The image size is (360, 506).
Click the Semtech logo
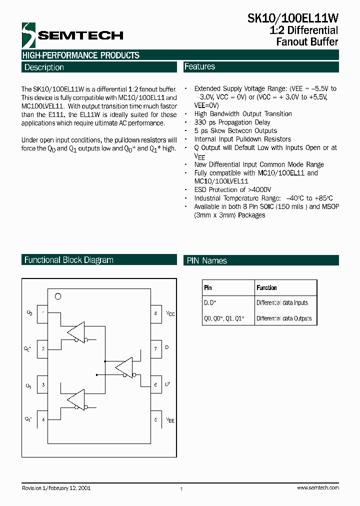72,35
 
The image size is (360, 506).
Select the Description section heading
44,67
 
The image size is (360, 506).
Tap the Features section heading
199,66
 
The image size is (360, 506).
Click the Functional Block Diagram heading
69,260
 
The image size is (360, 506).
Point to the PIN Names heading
207,260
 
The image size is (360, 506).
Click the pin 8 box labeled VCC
156,313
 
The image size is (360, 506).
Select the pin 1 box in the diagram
42,313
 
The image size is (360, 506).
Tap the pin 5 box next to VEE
156,419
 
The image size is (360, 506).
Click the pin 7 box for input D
156,348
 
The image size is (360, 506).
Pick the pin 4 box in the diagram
42,419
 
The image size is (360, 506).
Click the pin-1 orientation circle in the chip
57,296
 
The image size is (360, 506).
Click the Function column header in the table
267,287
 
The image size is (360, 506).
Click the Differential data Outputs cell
283,318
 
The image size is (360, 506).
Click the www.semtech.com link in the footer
317,487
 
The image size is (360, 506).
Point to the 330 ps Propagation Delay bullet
232,122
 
